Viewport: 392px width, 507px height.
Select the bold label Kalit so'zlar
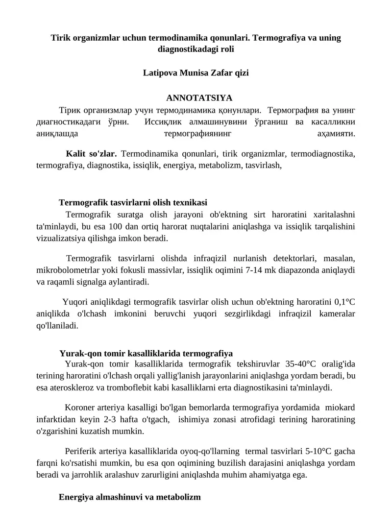91,154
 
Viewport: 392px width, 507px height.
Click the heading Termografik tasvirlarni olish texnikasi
133,202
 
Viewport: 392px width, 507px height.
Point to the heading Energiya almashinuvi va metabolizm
130,497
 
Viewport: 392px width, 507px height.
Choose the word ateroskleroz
74,387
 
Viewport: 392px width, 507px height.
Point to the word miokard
340,408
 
